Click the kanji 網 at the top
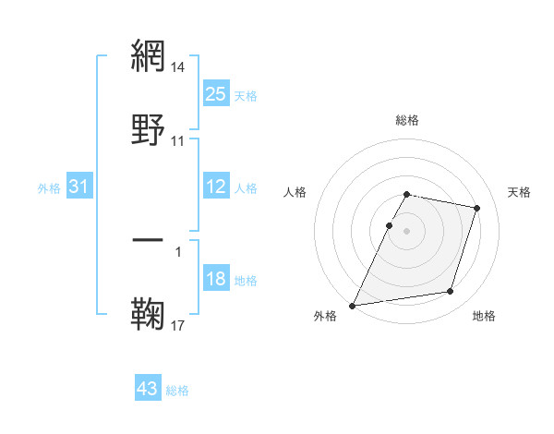(x=148, y=54)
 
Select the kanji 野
(x=148, y=128)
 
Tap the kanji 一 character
(x=148, y=240)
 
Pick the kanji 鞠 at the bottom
(x=148, y=314)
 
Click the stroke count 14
(x=178, y=67)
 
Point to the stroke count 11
(x=178, y=141)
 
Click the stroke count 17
(x=178, y=326)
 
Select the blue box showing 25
(x=216, y=94)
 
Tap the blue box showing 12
(x=216, y=187)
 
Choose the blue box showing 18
(x=216, y=280)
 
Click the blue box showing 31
(x=79, y=187)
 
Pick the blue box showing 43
(x=148, y=389)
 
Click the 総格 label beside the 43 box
(x=178, y=391)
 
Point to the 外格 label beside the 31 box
(x=49, y=188)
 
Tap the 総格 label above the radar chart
(x=407, y=120)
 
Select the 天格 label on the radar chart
(x=520, y=192)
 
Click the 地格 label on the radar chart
(x=484, y=317)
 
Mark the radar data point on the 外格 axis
(x=353, y=306)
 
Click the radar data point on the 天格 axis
(x=477, y=208)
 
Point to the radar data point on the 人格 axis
(x=389, y=225)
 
